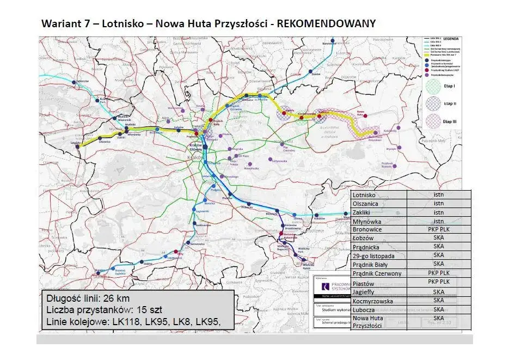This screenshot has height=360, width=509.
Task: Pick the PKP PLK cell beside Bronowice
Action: tap(438, 230)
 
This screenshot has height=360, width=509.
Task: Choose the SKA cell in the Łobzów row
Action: tap(438, 239)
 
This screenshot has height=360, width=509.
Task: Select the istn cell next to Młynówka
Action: tap(438, 221)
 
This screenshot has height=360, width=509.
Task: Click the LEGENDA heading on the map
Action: tap(451, 39)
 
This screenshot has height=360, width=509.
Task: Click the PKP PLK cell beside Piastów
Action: tap(438, 282)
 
